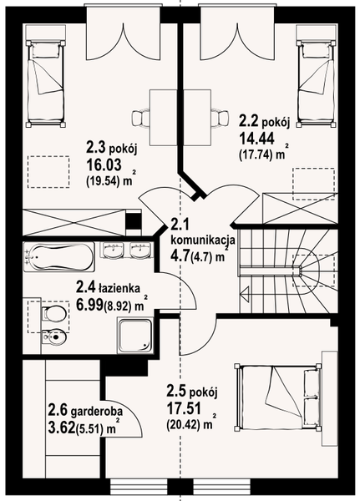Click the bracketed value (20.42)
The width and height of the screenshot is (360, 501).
pyautogui.click(x=188, y=426)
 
